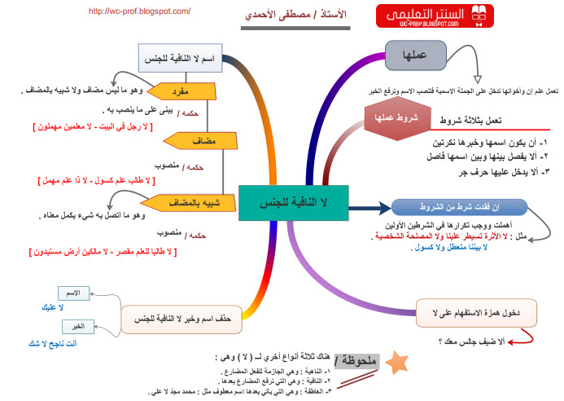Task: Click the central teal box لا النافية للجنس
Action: [293, 201]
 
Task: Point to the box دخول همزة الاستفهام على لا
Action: [476, 311]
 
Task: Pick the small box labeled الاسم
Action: [73, 292]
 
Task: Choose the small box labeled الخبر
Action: [73, 326]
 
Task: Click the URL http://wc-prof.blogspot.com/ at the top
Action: [138, 11]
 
